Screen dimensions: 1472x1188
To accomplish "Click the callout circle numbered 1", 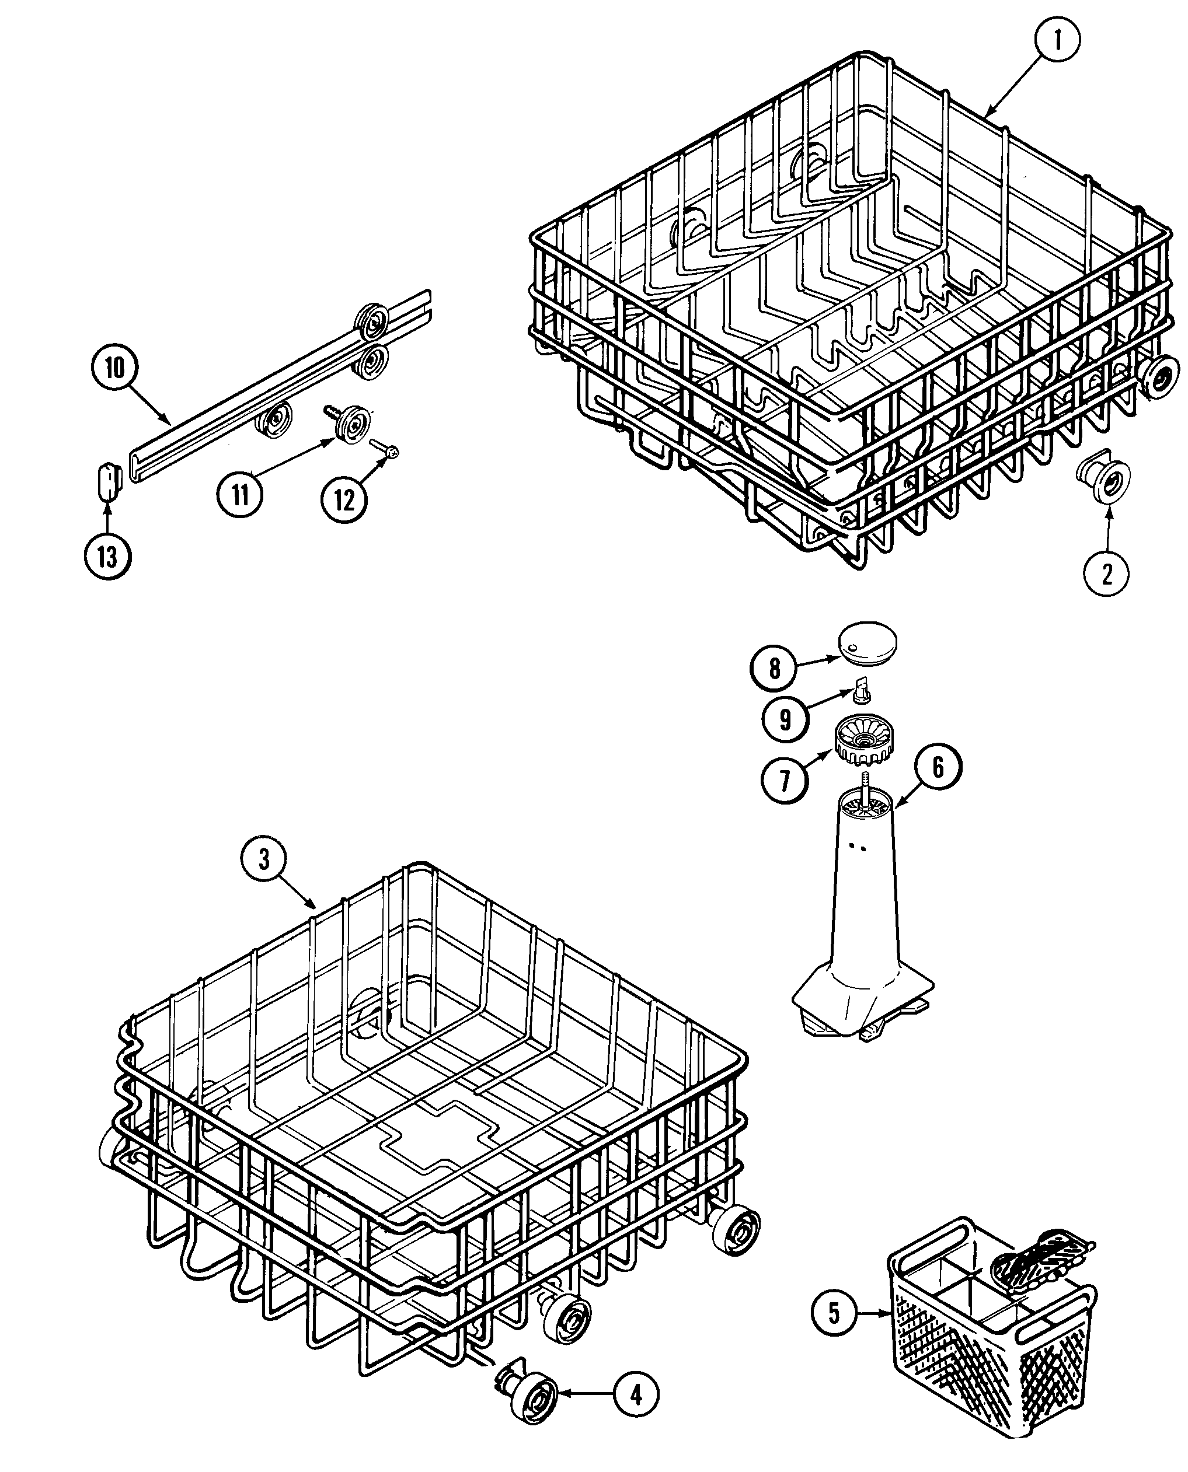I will tap(1057, 40).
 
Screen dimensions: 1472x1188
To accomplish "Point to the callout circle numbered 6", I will tap(938, 767).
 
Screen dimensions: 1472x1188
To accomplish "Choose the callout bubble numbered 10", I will tap(115, 369).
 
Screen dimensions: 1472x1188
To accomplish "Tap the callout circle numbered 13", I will tap(107, 557).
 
